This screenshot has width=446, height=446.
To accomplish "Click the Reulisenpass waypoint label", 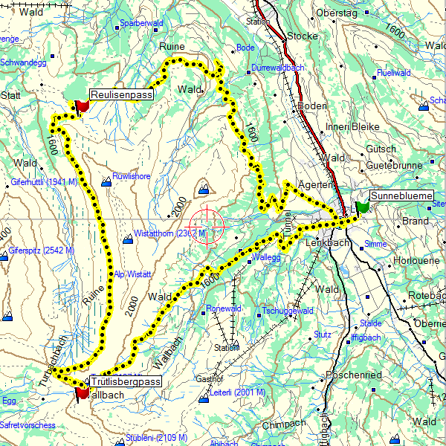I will point(121,95).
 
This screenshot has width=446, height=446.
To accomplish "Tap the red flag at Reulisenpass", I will point(81,106).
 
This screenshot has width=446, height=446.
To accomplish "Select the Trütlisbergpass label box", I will point(126,382).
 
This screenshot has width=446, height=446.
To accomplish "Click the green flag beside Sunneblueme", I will point(363,206).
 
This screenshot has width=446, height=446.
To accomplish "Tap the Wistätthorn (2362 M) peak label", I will point(169,233).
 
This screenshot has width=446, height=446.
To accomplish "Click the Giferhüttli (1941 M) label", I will point(44,182).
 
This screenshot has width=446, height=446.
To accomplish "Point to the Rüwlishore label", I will point(132,176).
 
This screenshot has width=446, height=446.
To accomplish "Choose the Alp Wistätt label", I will point(133,274).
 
